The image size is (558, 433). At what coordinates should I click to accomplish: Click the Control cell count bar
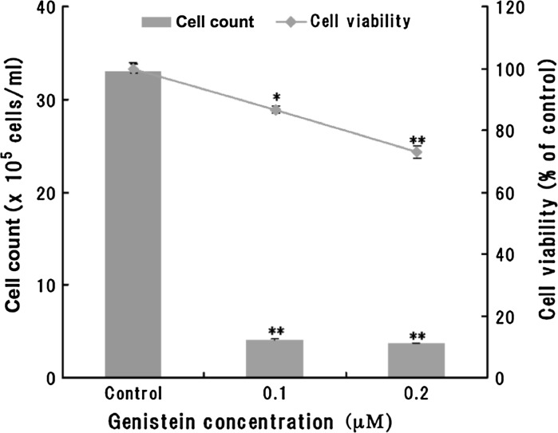coord(133,223)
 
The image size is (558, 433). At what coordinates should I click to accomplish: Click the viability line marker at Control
coord(133,69)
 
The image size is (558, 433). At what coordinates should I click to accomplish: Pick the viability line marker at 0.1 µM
coord(275,109)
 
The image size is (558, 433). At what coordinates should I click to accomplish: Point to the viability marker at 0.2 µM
coord(417,152)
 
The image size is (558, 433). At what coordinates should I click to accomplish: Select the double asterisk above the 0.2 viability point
coord(417,140)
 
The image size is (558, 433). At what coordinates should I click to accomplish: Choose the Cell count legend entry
coord(197,22)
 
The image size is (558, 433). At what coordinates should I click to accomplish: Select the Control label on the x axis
coord(133,393)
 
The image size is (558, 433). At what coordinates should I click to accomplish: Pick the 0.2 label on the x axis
coord(417,393)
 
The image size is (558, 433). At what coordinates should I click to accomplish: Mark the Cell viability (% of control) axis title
coord(545,191)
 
